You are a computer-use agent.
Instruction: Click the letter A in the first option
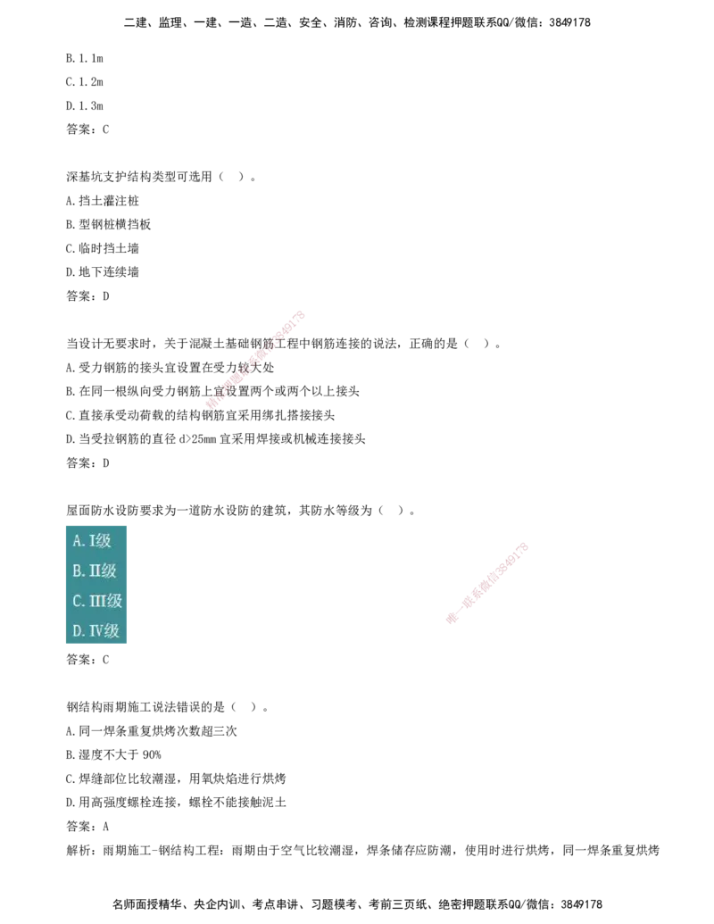point(77,541)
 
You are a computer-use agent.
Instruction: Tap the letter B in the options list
point(77,571)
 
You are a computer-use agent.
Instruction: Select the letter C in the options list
point(78,602)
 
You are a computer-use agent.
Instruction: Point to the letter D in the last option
point(78,631)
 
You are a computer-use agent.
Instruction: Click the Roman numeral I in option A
point(92,541)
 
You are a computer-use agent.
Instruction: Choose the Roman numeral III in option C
point(97,602)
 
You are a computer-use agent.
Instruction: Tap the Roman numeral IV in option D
point(95,631)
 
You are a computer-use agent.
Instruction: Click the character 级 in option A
point(104,541)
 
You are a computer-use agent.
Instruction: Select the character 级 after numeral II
point(109,571)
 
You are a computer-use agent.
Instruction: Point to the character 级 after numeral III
point(114,602)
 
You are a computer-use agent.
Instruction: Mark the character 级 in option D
point(112,631)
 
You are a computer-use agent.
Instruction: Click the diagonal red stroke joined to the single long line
point(257,358)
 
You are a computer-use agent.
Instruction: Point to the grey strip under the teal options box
point(96,647)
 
